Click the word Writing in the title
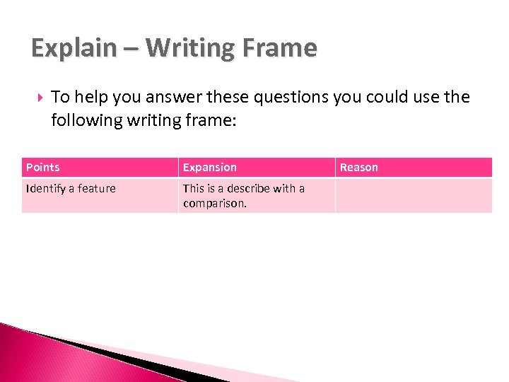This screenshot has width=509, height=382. point(187,48)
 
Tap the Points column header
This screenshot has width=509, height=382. point(43,168)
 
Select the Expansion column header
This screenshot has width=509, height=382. point(210,168)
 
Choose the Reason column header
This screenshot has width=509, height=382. point(359,168)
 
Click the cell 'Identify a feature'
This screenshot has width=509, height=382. point(71,189)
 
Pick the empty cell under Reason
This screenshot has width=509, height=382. point(414,196)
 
